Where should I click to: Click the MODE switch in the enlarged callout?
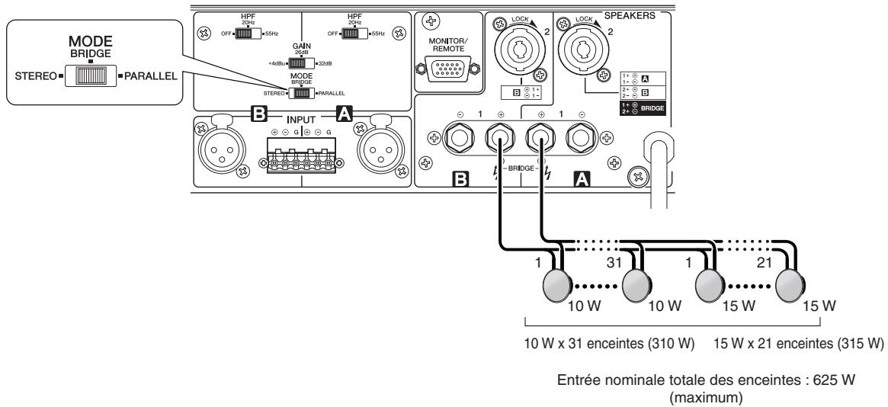tap(91, 76)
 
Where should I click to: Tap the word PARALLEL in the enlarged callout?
tap(150, 76)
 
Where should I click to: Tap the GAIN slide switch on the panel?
tap(303, 62)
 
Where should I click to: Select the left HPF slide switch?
tap(246, 34)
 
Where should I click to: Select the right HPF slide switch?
tap(353, 34)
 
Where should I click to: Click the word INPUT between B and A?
tap(300, 119)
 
